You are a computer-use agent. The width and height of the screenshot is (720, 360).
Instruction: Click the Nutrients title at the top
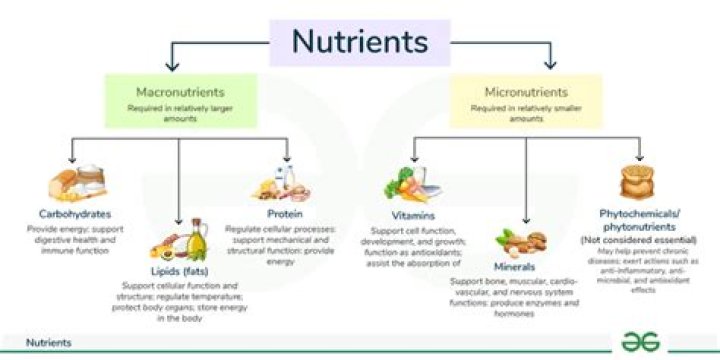coord(359,42)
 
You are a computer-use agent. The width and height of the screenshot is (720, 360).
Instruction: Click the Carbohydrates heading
coord(75,213)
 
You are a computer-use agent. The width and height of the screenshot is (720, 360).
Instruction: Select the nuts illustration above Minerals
coord(519,243)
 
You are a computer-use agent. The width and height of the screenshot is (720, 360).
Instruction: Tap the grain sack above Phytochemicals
coord(638,182)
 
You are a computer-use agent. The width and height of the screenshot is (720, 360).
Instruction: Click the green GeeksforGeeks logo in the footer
coord(635,342)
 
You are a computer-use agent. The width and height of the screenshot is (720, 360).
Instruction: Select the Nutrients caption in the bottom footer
coord(48,343)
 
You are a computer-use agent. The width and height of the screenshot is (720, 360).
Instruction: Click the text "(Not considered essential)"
coord(636,240)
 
